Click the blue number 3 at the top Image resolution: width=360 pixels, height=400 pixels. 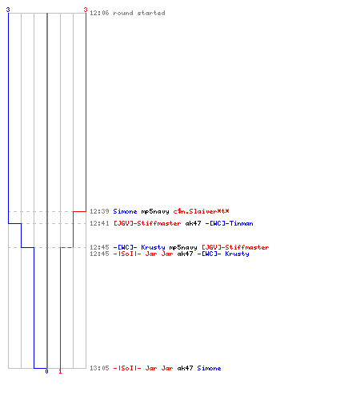[x=8, y=10]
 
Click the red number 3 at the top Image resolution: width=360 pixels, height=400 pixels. [x=86, y=10]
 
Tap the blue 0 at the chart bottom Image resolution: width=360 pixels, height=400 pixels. [x=46, y=371]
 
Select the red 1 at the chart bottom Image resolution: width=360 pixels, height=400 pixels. [x=60, y=371]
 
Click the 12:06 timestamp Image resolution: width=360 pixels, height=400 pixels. [x=99, y=13]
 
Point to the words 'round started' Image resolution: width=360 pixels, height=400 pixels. [x=139, y=13]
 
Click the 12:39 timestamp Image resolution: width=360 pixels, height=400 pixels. [x=99, y=211]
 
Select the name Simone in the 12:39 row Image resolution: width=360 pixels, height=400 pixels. [x=125, y=211]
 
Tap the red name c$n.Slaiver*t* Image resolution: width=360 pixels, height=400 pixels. [x=201, y=211]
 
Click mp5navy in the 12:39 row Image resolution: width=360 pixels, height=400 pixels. [x=155, y=212]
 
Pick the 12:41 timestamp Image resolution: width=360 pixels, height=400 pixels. [x=99, y=223]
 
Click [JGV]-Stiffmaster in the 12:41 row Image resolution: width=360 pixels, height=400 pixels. [x=147, y=223]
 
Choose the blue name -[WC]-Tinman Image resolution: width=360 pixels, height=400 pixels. [x=229, y=223]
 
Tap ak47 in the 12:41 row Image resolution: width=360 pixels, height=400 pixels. [x=193, y=223]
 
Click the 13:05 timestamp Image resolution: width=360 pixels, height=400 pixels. [x=99, y=368]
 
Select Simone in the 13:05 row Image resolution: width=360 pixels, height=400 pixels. [x=209, y=368]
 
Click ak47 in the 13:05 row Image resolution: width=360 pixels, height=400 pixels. [x=185, y=368]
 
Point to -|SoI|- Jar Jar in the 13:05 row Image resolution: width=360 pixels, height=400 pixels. [x=143, y=368]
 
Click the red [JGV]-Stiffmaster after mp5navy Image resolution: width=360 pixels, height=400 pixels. [x=235, y=247]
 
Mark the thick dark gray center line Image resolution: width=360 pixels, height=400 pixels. [x=47, y=190]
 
